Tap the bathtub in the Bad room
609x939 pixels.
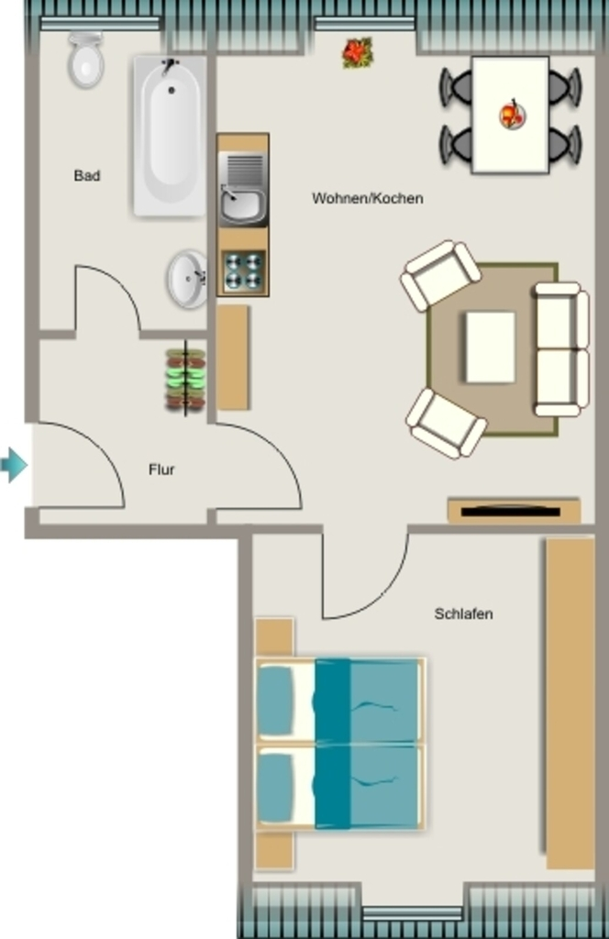[170, 136]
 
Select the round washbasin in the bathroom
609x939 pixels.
[187, 279]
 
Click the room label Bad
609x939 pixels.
[87, 175]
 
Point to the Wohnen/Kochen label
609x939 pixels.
[368, 198]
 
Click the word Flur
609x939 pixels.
[161, 469]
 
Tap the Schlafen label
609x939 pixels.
[463, 613]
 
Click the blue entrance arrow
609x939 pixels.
[14, 465]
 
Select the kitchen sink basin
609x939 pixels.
[242, 205]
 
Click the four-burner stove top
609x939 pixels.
[243, 271]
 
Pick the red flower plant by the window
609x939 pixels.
[358, 52]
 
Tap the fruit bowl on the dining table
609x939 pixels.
[512, 114]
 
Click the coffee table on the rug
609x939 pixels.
[491, 347]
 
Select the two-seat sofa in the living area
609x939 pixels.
[561, 349]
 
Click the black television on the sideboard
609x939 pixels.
[511, 512]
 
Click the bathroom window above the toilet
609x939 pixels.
[100, 23]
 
